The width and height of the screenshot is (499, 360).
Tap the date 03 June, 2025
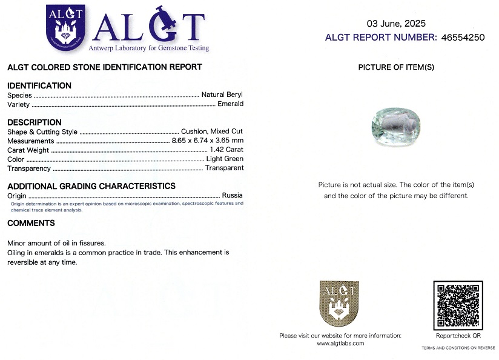pos(396,24)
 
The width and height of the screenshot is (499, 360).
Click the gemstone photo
pos(395,126)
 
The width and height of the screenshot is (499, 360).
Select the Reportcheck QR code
pos(458,305)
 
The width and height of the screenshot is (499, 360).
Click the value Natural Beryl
pos(222,95)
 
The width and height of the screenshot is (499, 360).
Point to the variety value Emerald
pos(230,104)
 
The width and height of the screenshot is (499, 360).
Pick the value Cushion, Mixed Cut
pos(212,132)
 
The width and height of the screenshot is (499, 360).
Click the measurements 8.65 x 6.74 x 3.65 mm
pos(207,141)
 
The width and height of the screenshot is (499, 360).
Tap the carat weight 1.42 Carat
pos(226,150)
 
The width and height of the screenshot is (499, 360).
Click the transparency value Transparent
pos(224,168)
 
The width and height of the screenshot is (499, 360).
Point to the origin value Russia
pos(232,195)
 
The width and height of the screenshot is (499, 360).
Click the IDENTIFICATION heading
pos(39,85)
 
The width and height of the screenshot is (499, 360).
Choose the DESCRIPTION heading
pos(35,122)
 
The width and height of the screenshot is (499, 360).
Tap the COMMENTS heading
pos(31,223)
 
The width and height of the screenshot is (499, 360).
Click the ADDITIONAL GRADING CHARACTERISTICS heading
pos(91,186)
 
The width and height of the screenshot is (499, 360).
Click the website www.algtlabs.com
pos(340,343)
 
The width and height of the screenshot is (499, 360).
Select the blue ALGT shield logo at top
pos(65,27)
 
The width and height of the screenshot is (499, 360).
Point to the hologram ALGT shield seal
pos(339,304)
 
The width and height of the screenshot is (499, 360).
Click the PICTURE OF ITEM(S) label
pos(396,67)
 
